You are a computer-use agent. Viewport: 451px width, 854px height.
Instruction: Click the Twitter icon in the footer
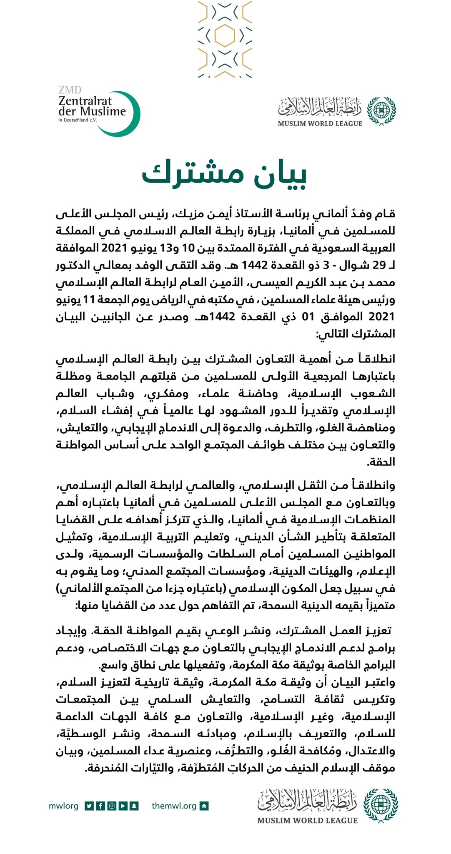(x=89, y=806)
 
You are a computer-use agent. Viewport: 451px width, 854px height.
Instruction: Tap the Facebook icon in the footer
(x=100, y=806)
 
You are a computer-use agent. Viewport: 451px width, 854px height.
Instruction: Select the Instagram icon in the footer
(x=112, y=806)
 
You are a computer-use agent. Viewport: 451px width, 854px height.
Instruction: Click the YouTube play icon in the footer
(x=123, y=806)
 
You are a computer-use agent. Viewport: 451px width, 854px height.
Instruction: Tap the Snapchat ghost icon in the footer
(x=134, y=806)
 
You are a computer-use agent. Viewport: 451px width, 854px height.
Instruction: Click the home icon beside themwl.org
(x=204, y=806)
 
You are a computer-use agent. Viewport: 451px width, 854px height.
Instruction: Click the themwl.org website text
(x=174, y=806)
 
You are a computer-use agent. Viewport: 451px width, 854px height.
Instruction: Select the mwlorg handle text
(x=63, y=806)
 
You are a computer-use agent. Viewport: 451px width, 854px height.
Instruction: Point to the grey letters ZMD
(x=70, y=90)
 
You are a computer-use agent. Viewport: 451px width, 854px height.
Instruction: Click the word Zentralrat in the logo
(x=85, y=101)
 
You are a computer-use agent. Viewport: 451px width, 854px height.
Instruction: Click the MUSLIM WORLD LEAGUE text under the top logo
(x=320, y=123)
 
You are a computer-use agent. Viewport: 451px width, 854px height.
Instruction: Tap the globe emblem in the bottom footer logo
(x=381, y=805)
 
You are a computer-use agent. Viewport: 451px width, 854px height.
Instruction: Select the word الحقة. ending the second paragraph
(x=380, y=462)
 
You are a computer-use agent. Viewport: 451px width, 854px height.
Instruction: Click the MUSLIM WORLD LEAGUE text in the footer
(x=308, y=821)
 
